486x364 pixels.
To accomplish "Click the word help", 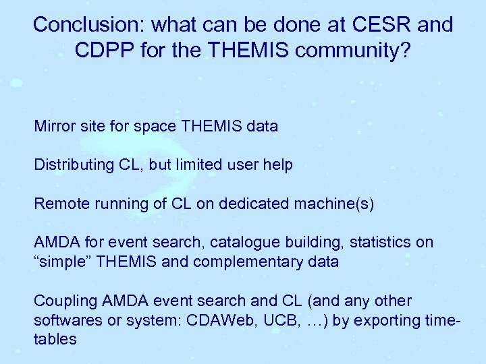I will (x=278, y=164).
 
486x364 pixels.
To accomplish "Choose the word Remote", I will (x=59, y=203).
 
